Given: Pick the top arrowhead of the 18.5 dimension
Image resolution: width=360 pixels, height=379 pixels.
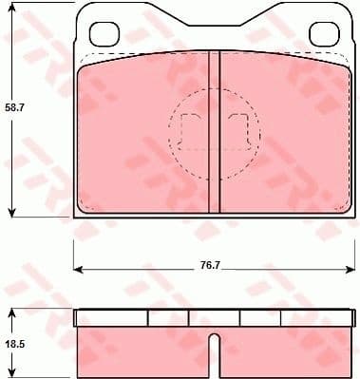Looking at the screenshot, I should point(11,312).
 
